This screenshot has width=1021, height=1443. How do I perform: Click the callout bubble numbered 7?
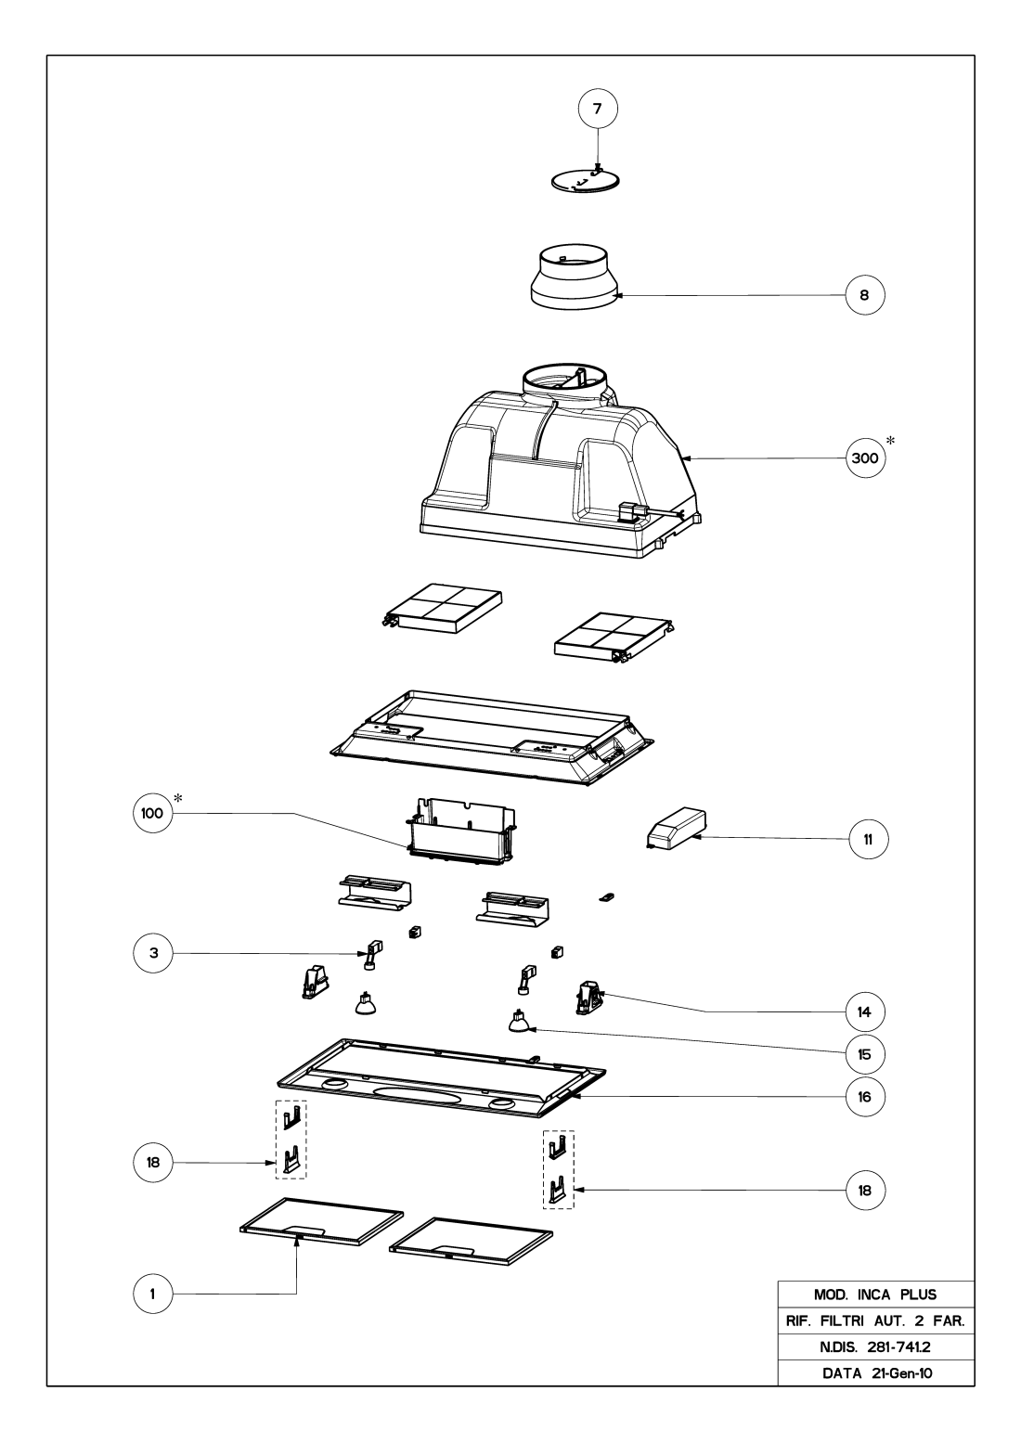click(x=597, y=109)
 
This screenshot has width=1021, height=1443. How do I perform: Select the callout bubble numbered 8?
click(x=864, y=296)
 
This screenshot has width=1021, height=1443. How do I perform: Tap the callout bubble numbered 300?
click(x=864, y=458)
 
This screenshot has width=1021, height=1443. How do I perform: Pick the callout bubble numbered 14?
click(x=864, y=1010)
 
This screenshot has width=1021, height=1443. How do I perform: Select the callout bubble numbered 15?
click(x=864, y=1054)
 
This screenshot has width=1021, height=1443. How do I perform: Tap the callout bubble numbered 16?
click(x=864, y=1096)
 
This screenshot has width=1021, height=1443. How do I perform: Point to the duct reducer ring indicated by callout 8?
click(x=575, y=278)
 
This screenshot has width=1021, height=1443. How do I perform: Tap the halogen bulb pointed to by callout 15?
click(x=516, y=1023)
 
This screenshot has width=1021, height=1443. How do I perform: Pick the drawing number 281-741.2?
click(x=900, y=1346)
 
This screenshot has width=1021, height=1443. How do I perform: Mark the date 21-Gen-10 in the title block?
click(x=900, y=1372)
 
